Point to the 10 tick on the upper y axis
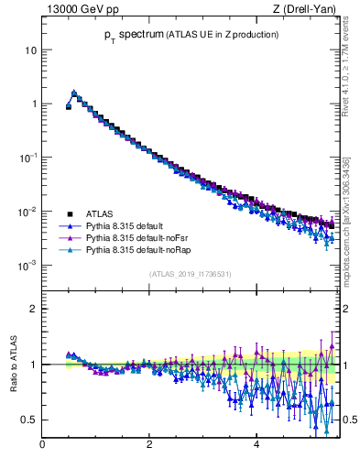(31, 49)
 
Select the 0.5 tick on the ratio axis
(29, 420)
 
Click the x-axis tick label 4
(256, 445)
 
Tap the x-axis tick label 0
(42, 445)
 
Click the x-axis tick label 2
(149, 445)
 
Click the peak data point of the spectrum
(74, 93)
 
